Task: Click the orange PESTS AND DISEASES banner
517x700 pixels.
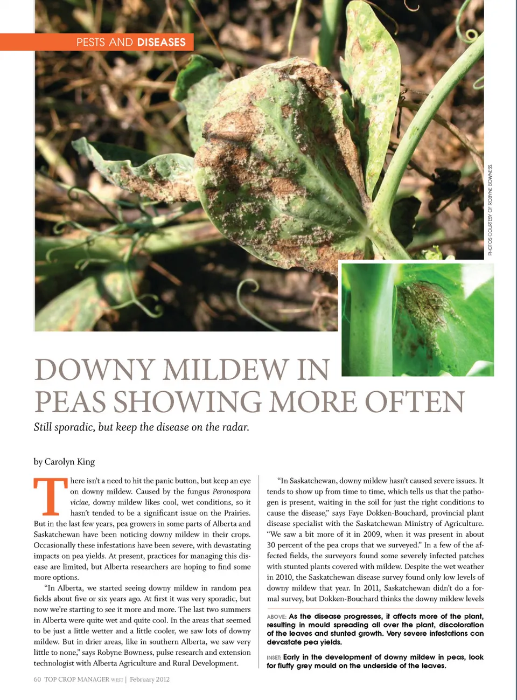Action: coord(97,42)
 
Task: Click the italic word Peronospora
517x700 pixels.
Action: coord(232,491)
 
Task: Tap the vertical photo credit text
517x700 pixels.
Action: coord(490,210)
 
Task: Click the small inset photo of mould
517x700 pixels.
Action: coord(417,319)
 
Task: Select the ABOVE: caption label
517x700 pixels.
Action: coord(276,616)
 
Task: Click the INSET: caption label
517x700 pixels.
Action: coord(274,657)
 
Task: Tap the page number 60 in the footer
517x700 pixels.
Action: coord(37,680)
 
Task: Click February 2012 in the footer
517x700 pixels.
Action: coord(149,680)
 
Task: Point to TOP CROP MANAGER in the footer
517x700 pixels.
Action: coord(76,680)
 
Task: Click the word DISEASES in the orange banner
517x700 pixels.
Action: coord(161,42)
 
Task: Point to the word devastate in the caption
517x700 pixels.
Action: coord(285,642)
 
